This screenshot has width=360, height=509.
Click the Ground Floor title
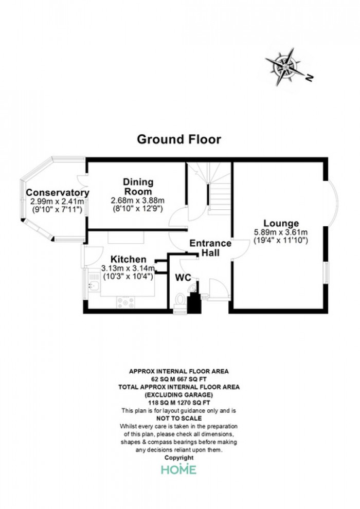point(179,139)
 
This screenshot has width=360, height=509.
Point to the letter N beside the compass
point(310,78)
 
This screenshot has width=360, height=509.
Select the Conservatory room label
point(58,192)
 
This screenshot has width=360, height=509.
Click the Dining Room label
point(138,186)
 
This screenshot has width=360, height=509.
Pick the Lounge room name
point(281,223)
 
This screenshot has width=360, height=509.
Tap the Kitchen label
point(129,259)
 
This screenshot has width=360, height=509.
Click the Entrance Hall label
point(210,248)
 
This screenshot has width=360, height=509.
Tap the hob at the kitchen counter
point(126,302)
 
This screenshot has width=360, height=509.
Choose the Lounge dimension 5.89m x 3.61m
point(281,232)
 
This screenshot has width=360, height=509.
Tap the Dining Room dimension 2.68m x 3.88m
point(138,201)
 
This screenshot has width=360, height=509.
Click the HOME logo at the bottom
point(179,469)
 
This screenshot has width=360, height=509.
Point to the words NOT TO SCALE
point(179,419)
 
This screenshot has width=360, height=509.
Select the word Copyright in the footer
point(179,458)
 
